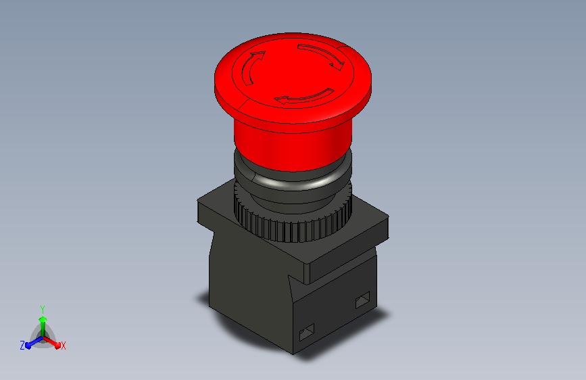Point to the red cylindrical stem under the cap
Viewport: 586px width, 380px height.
293,146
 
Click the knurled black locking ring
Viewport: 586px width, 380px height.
293,220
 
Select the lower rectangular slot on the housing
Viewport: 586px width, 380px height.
307,332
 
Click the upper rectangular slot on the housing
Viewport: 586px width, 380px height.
362,300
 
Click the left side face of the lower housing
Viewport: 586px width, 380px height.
249,288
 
